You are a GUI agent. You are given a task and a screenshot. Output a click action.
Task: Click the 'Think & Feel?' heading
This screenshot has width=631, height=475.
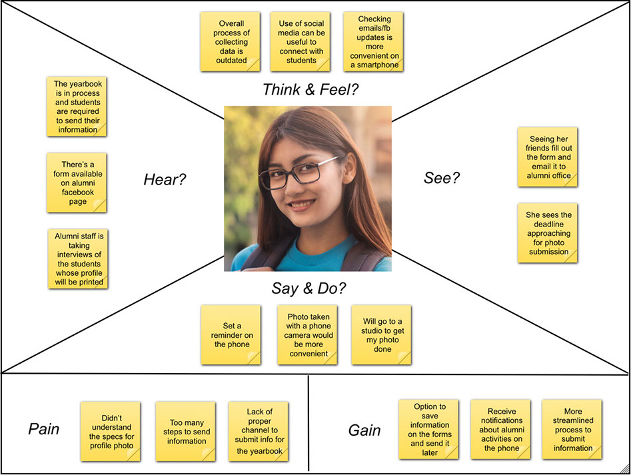pyautogui.click(x=311, y=89)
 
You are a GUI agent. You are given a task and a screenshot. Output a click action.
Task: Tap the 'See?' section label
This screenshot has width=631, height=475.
pyautogui.click(x=442, y=178)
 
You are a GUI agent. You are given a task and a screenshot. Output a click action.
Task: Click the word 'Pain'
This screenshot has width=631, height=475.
pyautogui.click(x=44, y=429)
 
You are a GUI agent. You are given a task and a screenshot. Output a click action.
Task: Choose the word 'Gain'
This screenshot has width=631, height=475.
pyautogui.click(x=364, y=430)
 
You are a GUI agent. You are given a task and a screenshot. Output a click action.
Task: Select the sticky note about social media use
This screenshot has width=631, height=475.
pyautogui.click(x=301, y=42)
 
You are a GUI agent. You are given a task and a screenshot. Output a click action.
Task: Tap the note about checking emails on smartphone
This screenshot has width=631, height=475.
pyautogui.click(x=374, y=42)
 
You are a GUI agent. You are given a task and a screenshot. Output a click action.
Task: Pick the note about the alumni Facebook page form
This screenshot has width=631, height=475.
pyautogui.click(x=77, y=183)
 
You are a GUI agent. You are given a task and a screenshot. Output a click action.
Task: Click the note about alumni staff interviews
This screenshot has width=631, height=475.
pyautogui.click(x=77, y=259)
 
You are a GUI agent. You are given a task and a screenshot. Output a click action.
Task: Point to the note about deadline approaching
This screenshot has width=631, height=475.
pyautogui.click(x=548, y=233)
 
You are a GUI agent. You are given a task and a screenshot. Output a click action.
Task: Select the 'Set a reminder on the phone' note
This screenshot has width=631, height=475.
pyautogui.click(x=231, y=335)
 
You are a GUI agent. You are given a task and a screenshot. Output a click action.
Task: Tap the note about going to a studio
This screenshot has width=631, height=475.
pyautogui.click(x=382, y=335)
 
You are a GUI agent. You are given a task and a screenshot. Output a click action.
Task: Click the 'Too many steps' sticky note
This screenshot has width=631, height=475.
pyautogui.click(x=185, y=431)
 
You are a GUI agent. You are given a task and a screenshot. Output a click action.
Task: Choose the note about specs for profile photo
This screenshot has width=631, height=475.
pyautogui.click(x=110, y=431)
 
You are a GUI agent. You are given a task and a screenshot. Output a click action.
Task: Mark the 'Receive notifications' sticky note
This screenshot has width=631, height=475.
pyautogui.click(x=500, y=430)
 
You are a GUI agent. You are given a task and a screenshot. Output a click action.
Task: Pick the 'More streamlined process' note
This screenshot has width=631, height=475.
pyautogui.click(x=572, y=430)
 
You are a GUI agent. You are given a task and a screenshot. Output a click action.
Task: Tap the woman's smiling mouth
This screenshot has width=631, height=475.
pyautogui.click(x=302, y=205)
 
